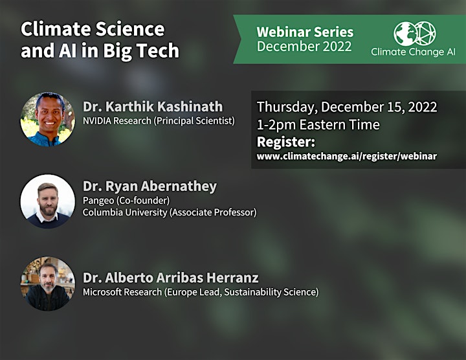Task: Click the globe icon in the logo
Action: point(405,34)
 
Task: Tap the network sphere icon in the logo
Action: point(425,33)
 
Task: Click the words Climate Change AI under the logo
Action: point(413,52)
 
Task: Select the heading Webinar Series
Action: point(305,32)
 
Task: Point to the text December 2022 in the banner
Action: point(304,47)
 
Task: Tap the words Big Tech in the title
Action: point(141,51)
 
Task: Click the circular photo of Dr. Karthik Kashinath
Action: point(47,119)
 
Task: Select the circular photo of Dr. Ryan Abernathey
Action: point(47,201)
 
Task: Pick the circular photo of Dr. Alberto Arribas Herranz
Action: point(47,284)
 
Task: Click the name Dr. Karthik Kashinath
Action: point(153,106)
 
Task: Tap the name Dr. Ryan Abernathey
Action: point(150,186)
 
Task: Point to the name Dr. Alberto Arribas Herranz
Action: point(171,278)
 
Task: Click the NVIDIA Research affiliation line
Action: point(159,121)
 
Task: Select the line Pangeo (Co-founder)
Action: point(126,201)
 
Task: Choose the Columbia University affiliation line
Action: point(170,212)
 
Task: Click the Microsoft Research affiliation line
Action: point(201,292)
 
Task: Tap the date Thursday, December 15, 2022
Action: point(347,107)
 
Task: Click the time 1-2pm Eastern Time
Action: point(318,125)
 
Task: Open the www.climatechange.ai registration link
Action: point(347,156)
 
